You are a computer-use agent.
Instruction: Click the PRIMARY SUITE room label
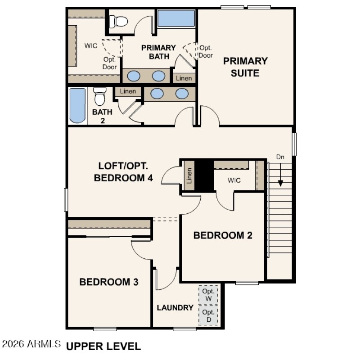tap(245, 67)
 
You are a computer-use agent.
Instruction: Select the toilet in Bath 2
tap(99, 96)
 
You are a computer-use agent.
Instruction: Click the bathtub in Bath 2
tap(77, 106)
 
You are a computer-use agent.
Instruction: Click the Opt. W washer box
tap(209, 295)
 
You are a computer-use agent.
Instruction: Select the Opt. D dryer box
tap(209, 315)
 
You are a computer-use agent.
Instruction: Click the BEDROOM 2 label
tap(222, 235)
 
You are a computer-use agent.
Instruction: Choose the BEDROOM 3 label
tap(108, 282)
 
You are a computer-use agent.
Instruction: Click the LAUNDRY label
tap(175, 308)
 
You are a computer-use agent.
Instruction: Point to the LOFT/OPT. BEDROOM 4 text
tap(123, 171)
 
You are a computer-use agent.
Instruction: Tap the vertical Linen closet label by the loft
tap(189, 175)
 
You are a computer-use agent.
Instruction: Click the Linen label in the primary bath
tap(184, 78)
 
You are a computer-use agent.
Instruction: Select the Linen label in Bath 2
tap(128, 91)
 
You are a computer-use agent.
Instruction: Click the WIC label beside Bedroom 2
tap(234, 180)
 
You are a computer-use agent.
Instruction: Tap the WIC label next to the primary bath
tap(91, 45)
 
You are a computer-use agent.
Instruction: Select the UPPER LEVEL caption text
tap(103, 346)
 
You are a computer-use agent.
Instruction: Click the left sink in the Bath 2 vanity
tap(157, 94)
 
